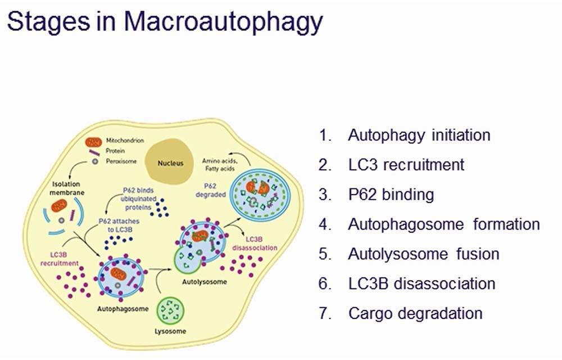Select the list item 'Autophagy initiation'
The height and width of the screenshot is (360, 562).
[x=419, y=135]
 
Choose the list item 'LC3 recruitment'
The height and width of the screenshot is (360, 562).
[x=406, y=164]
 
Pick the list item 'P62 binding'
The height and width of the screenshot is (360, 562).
[x=391, y=195]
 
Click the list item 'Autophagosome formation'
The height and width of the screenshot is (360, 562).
[x=443, y=224]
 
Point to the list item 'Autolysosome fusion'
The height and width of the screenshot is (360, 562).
[x=423, y=254]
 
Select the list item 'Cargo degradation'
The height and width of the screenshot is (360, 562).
[x=415, y=313]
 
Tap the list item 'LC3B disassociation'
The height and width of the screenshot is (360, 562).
[x=422, y=283]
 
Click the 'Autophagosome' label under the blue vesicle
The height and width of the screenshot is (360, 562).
[x=123, y=309]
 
